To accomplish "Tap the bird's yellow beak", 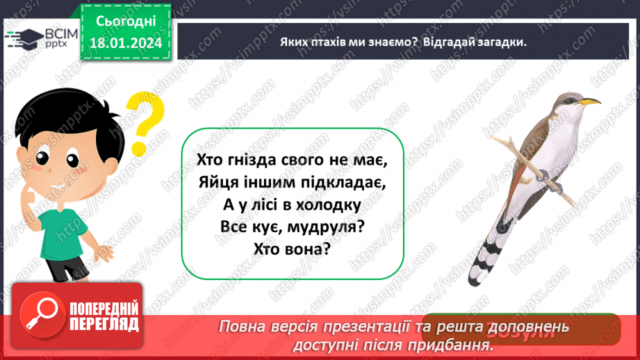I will [x=590, y=101].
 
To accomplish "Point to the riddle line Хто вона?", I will [x=293, y=251].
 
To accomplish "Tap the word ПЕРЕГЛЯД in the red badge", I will [x=103, y=325].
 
